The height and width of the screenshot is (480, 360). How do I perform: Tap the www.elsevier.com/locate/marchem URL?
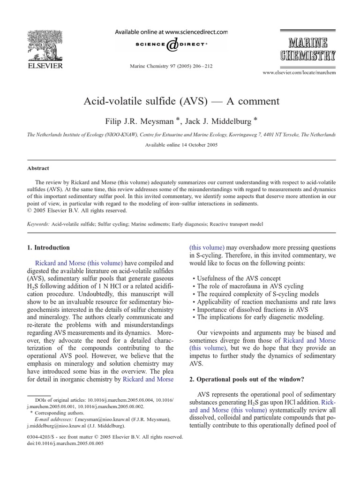pyautogui.click(x=299, y=73)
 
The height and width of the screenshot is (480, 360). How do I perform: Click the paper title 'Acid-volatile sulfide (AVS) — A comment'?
pyautogui.click(x=181, y=101)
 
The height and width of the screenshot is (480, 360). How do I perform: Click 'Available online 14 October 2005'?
pyautogui.click(x=181, y=145)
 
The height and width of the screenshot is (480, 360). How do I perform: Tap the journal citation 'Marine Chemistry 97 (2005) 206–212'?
pyautogui.click(x=171, y=66)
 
